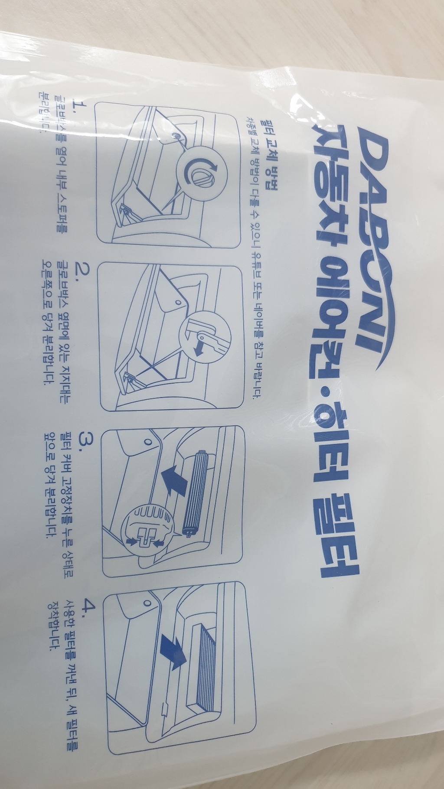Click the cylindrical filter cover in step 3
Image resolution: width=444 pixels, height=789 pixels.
(x=199, y=494)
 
